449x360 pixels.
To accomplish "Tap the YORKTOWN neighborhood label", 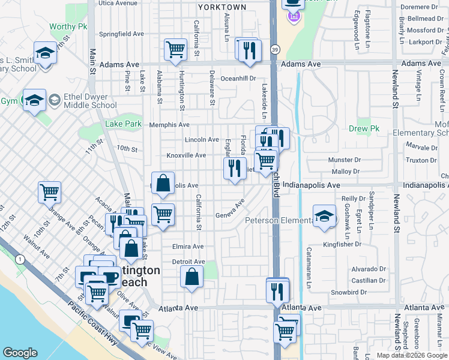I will click(x=223, y=7).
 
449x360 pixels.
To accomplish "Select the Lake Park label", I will click(x=123, y=124).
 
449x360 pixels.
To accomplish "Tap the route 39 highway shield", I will click(x=274, y=50).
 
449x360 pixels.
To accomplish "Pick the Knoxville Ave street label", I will click(x=186, y=155).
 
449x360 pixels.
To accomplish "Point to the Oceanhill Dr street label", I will click(x=238, y=78).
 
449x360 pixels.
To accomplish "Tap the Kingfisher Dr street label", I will click(x=359, y=245).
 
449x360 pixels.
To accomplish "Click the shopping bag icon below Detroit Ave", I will click(x=191, y=277).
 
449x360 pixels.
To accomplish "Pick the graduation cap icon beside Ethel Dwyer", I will click(x=34, y=100).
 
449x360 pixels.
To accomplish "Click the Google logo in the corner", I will click(x=20, y=353).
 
